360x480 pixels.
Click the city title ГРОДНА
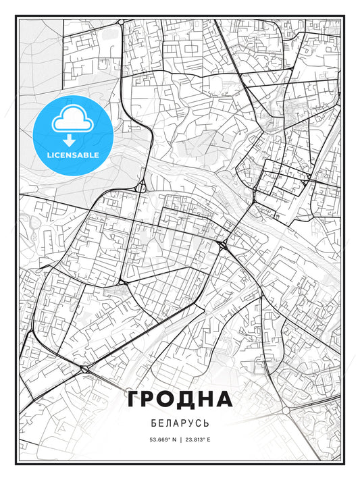coord(180,399)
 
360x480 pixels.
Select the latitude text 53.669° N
coord(161,439)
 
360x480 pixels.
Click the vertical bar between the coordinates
coord(180,439)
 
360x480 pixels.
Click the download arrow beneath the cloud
coord(72,140)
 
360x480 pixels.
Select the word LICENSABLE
coord(73,155)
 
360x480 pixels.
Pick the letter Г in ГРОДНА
coord(134,399)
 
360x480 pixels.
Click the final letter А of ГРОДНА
coord(225,399)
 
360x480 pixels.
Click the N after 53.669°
coord(173,439)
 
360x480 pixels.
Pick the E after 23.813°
coord(209,439)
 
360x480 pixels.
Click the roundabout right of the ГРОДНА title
coord(285,410)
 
